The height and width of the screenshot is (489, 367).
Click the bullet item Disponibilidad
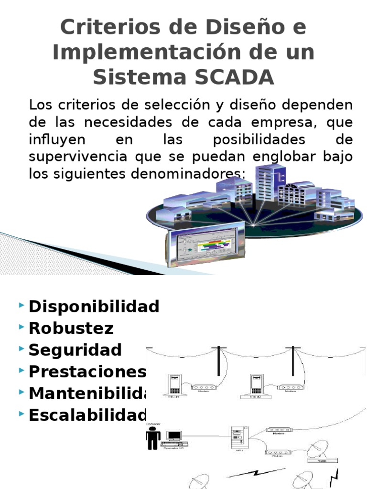pos(94,307)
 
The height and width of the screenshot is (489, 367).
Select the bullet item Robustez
pos(71,329)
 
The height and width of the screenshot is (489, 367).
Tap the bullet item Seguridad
pos(75,350)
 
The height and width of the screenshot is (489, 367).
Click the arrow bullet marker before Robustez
pos(22,327)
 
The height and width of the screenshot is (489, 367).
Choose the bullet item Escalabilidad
pos(86,415)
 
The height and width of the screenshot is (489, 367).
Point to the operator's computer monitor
pos(174,436)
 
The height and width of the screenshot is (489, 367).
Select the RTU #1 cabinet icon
pos(174,384)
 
